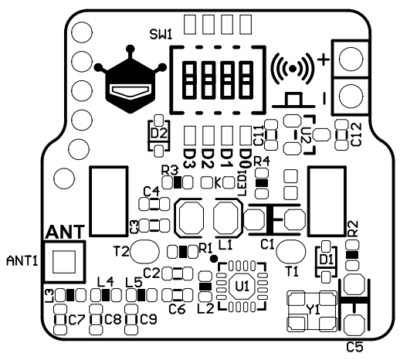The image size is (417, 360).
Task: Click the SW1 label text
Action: (161, 35)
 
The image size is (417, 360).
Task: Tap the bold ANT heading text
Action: (65, 232)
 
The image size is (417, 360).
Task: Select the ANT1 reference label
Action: (22, 261)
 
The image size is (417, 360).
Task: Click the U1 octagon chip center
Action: (242, 287)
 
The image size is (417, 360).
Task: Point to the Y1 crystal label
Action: (314, 310)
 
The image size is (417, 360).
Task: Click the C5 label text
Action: (354, 347)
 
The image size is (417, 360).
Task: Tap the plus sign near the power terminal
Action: (324, 59)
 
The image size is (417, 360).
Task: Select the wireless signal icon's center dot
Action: (293, 69)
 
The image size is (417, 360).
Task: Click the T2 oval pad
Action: (144, 251)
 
